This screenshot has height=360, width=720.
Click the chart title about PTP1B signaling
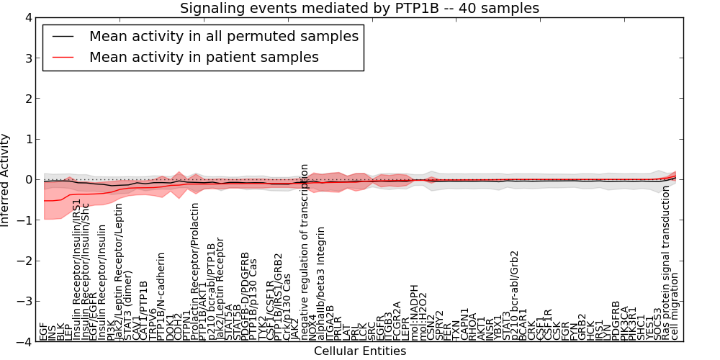359,8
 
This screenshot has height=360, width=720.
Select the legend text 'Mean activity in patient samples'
204,56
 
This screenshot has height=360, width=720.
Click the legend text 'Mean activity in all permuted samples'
223,36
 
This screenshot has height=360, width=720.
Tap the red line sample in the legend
64,56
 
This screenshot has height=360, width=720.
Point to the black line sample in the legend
64,36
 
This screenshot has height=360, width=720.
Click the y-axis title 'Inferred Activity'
6,179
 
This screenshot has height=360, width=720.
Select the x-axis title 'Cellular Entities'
359,351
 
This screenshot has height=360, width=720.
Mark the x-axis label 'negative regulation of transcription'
305,252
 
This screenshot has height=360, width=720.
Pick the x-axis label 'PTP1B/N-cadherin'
161,296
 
